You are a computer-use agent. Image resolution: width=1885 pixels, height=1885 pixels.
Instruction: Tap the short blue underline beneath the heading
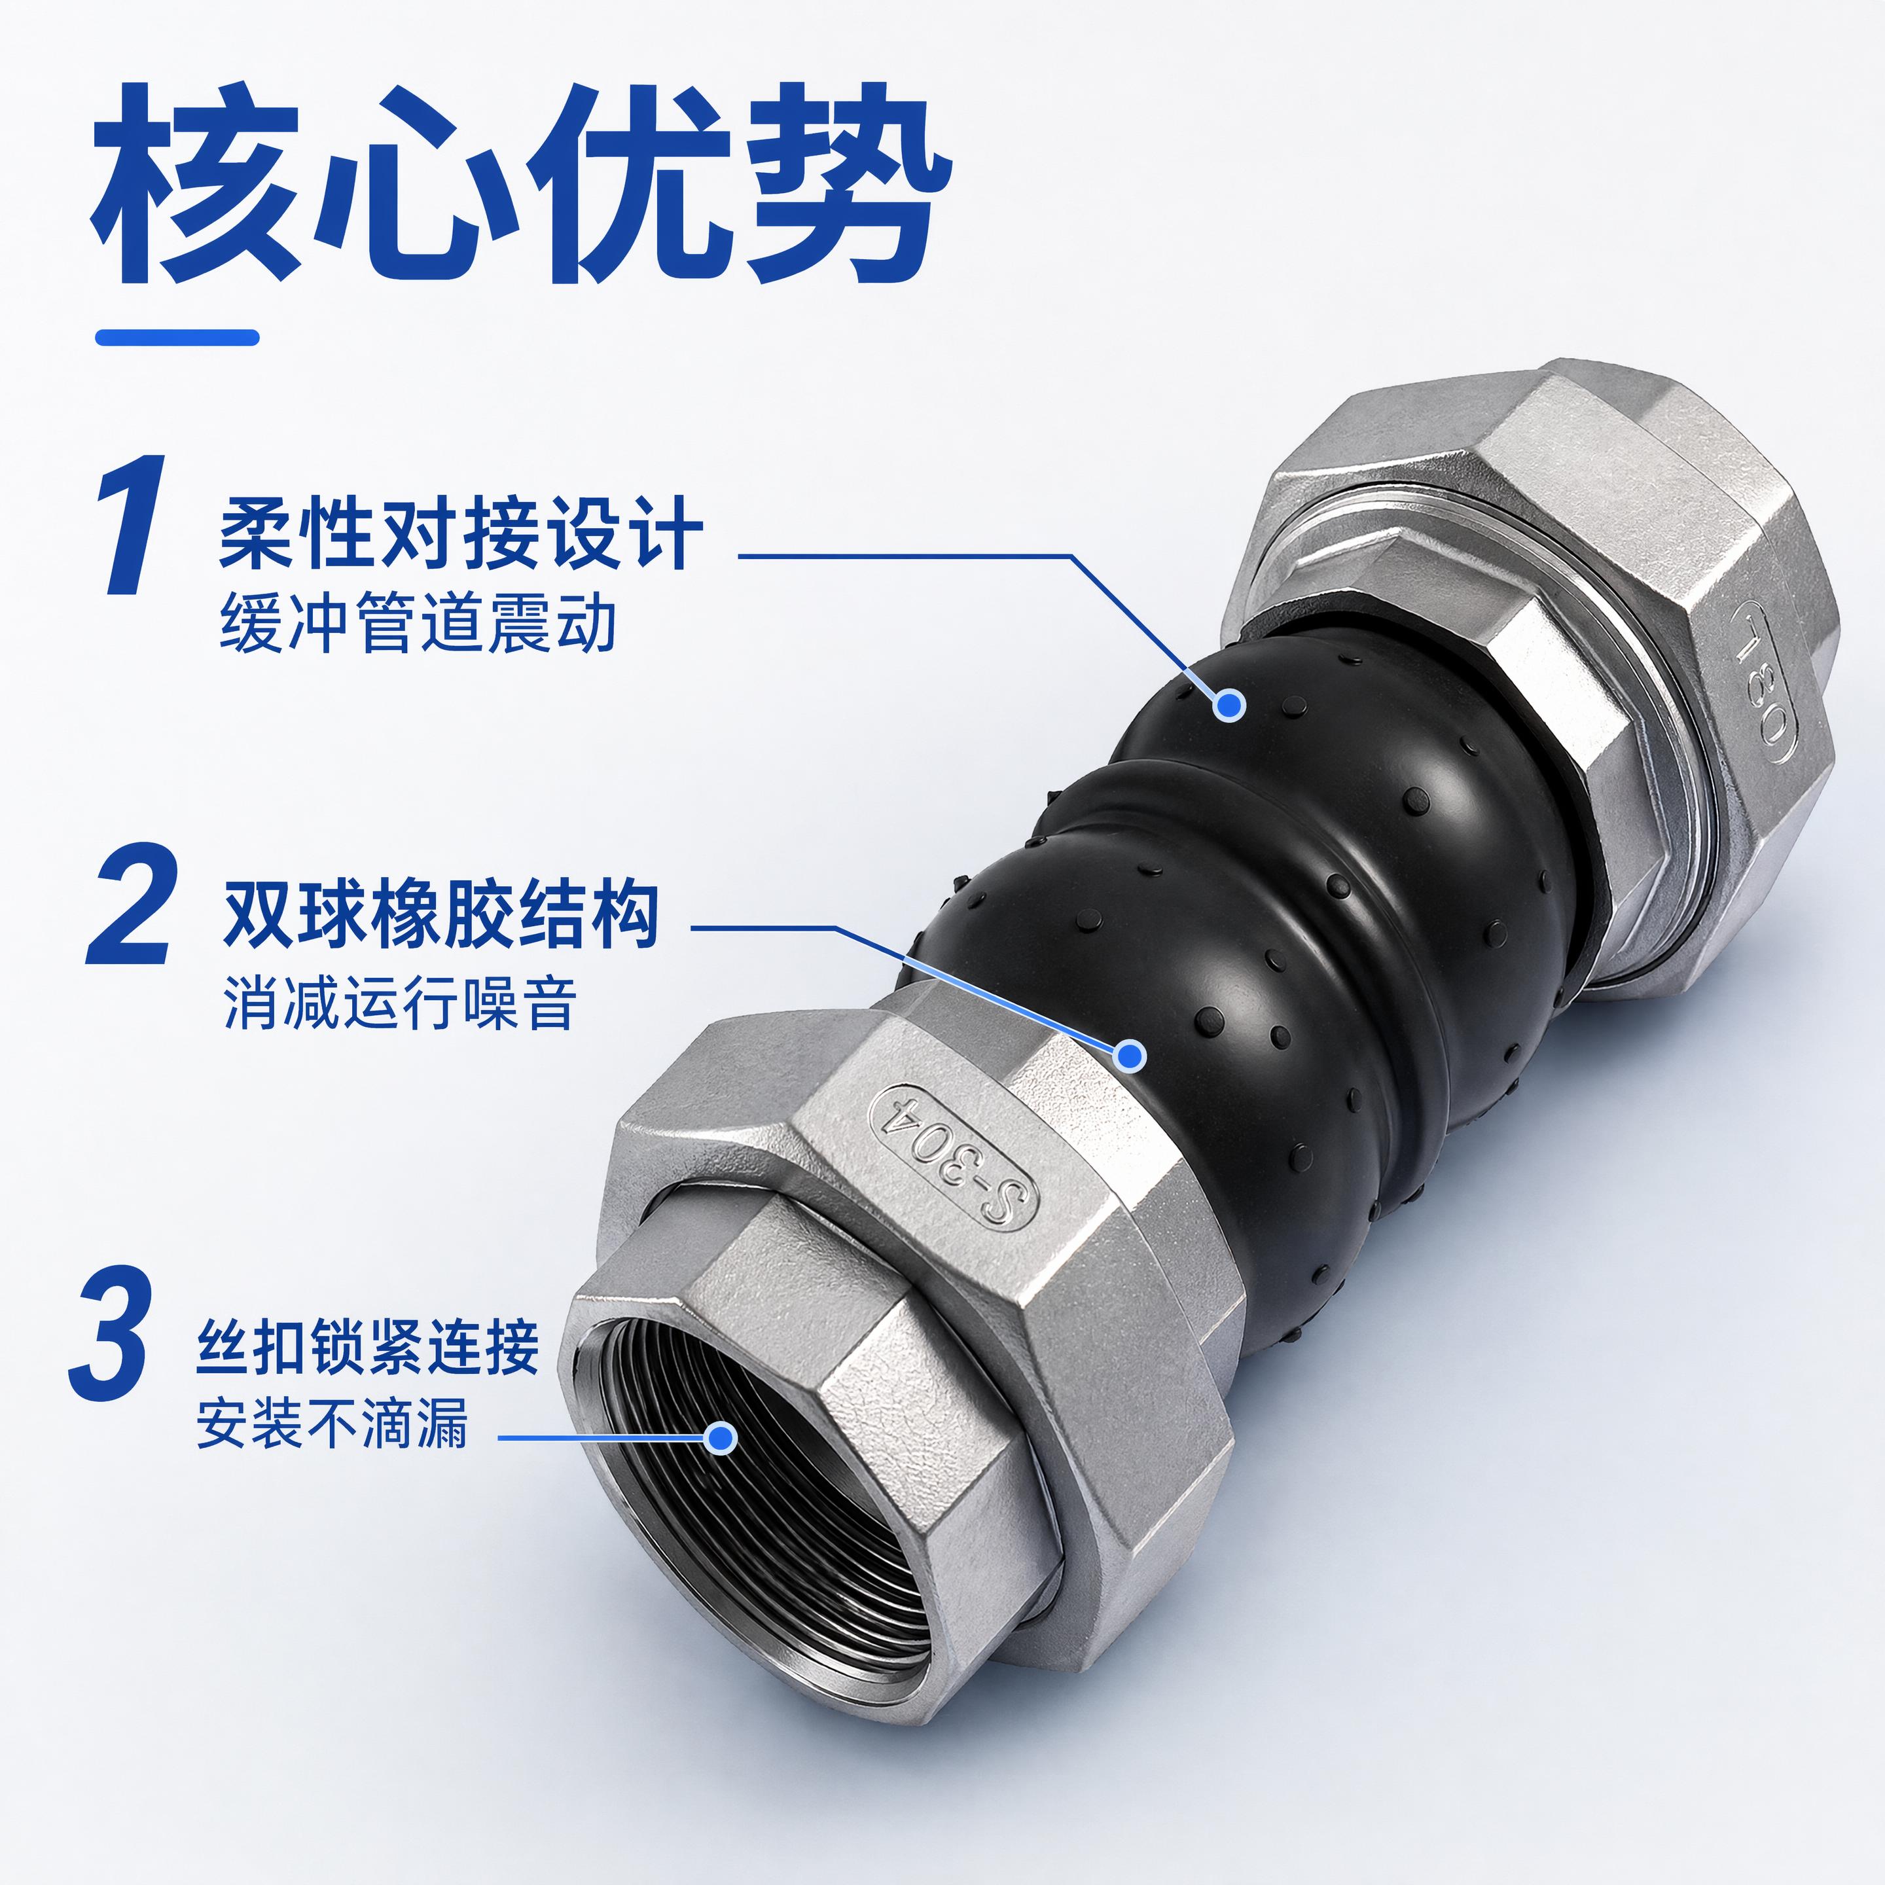(177, 338)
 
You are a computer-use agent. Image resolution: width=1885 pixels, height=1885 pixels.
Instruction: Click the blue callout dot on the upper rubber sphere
(1230, 704)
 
